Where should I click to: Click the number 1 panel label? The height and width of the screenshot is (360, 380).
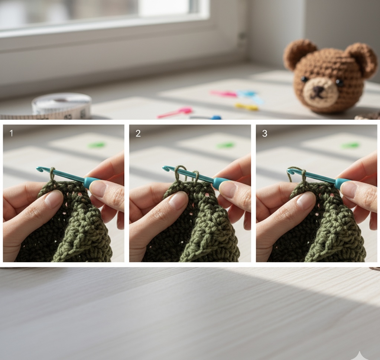pyautogui.click(x=11, y=133)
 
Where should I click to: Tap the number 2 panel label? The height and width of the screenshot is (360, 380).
pyautogui.click(x=138, y=133)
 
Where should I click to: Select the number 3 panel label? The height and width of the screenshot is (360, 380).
pyautogui.click(x=264, y=133)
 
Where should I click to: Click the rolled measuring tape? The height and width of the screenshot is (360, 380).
pyautogui.click(x=62, y=106)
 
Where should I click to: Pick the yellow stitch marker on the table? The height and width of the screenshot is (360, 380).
pyautogui.click(x=246, y=107)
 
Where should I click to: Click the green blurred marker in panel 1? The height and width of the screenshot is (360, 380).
pyautogui.click(x=97, y=145)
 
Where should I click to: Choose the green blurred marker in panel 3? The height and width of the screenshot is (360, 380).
pyautogui.click(x=350, y=145)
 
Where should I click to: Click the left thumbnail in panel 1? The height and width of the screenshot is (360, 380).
pyautogui.click(x=54, y=199)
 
